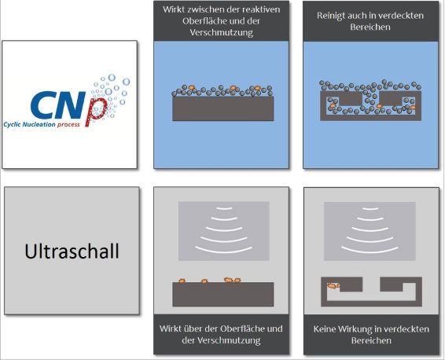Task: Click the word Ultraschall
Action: [72, 251]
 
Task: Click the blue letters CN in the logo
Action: [58, 105]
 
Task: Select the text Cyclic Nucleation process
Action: [42, 124]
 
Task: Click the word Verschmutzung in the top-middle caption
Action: [222, 33]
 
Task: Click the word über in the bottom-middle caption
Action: [193, 329]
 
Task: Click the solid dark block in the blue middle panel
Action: [223, 108]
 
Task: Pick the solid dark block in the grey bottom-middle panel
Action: [223, 294]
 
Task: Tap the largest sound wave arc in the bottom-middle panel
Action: [223, 251]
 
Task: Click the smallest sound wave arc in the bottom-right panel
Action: [370, 209]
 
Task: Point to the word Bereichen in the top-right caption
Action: [370, 28]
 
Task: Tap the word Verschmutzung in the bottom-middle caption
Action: [222, 340]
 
